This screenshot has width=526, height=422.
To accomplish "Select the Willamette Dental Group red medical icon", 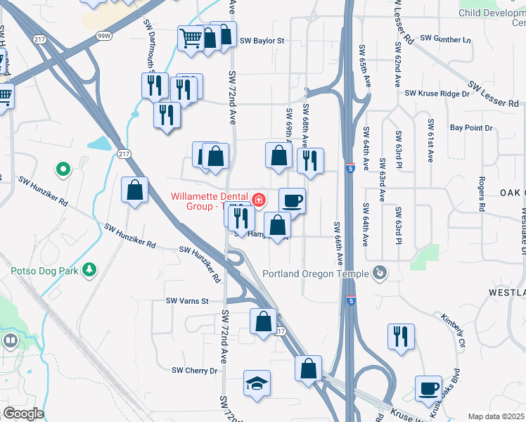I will (x=259, y=200).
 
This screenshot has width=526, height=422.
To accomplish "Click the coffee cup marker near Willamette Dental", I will (x=292, y=201).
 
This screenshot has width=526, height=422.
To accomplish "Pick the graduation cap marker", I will (x=257, y=383).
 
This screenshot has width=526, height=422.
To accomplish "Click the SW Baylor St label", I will (x=262, y=41).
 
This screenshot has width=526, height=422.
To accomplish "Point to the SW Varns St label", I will (x=188, y=301).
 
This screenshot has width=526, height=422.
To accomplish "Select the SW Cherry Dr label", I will (x=195, y=370).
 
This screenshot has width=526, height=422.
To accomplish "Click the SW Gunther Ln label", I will (x=444, y=39).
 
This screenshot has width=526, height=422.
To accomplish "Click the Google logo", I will (x=23, y=414).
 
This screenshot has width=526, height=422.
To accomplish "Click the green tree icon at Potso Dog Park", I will (x=89, y=269).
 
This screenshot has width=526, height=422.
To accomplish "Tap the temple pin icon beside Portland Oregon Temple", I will (x=380, y=272).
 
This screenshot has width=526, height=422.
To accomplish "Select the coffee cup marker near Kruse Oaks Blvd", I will (x=428, y=388).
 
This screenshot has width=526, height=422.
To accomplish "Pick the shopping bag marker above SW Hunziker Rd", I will (x=134, y=190).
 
